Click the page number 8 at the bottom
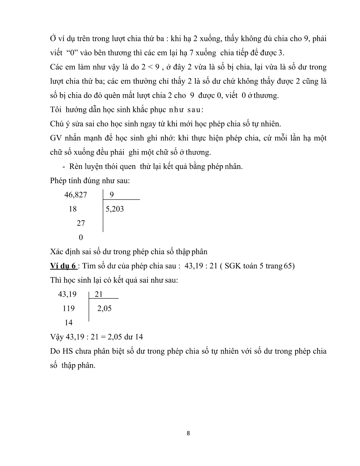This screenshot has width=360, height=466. point(188,433)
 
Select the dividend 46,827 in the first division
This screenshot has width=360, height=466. point(75,195)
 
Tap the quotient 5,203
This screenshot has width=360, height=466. point(115,209)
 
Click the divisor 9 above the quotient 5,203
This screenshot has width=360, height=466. point(112,195)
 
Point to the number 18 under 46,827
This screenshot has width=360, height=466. point(73,209)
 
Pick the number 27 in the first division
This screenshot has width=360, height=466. point(80,223)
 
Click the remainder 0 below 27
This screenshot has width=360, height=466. point(80,238)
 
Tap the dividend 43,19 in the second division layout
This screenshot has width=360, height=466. point(67,294)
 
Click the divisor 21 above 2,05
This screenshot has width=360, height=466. point(99,294)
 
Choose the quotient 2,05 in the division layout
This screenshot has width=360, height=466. point(104,308)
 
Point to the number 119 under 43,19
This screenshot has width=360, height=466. point(69,308)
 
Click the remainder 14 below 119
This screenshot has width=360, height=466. point(69,323)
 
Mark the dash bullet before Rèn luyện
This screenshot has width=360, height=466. point(64,166)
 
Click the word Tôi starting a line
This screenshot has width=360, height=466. point(56,110)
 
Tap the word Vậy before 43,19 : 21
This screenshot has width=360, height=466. point(57,337)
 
